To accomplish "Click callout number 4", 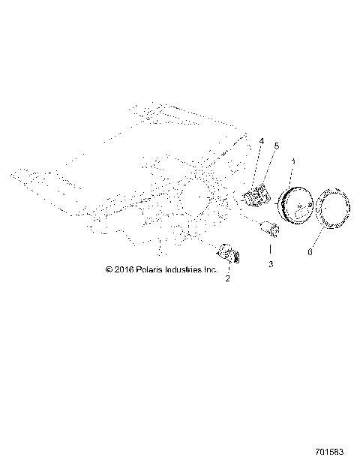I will [262, 140].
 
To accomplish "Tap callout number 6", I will [310, 252].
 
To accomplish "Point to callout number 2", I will [226, 278].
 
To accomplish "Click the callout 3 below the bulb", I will [271, 265].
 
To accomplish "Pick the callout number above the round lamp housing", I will [293, 161].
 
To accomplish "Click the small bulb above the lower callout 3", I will [271, 230].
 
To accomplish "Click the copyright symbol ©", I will [109, 269].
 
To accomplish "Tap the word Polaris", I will [152, 269].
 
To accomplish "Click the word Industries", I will [186, 269].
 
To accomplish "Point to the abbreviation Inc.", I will [211, 269].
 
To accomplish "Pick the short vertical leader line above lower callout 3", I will [271, 248].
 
